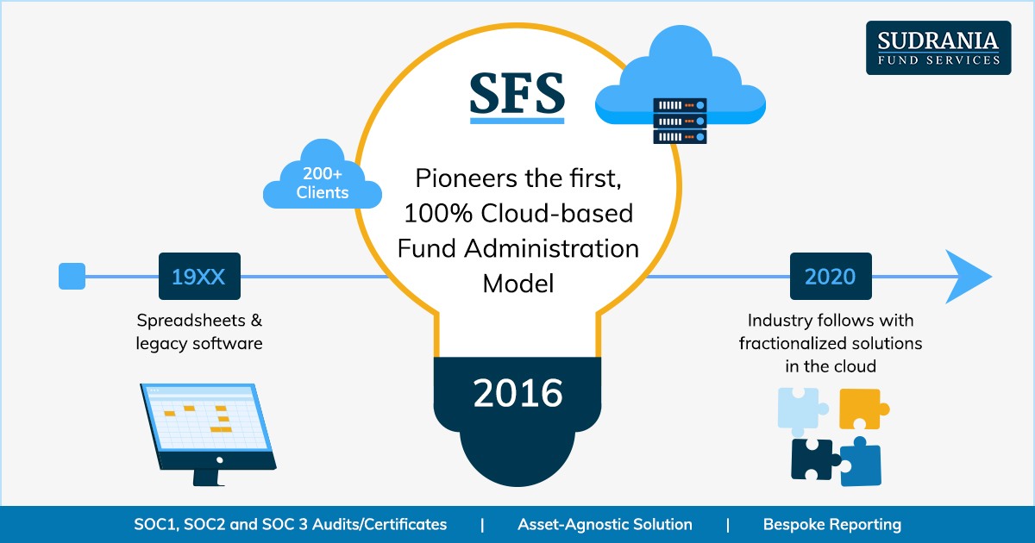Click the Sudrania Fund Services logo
(938, 47)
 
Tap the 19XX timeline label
(199, 276)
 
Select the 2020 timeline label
(831, 276)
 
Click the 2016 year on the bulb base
(517, 393)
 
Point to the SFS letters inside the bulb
(517, 93)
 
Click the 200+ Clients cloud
(323, 174)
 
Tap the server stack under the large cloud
(681, 121)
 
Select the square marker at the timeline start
(72, 276)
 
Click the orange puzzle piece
(862, 409)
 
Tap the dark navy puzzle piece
(814, 459)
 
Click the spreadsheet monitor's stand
(208, 477)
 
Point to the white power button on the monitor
(219, 460)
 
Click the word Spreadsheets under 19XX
(191, 321)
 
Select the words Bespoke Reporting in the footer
(832, 525)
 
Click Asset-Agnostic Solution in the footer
(605, 525)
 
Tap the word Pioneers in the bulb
(467, 178)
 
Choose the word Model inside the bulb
(518, 284)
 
